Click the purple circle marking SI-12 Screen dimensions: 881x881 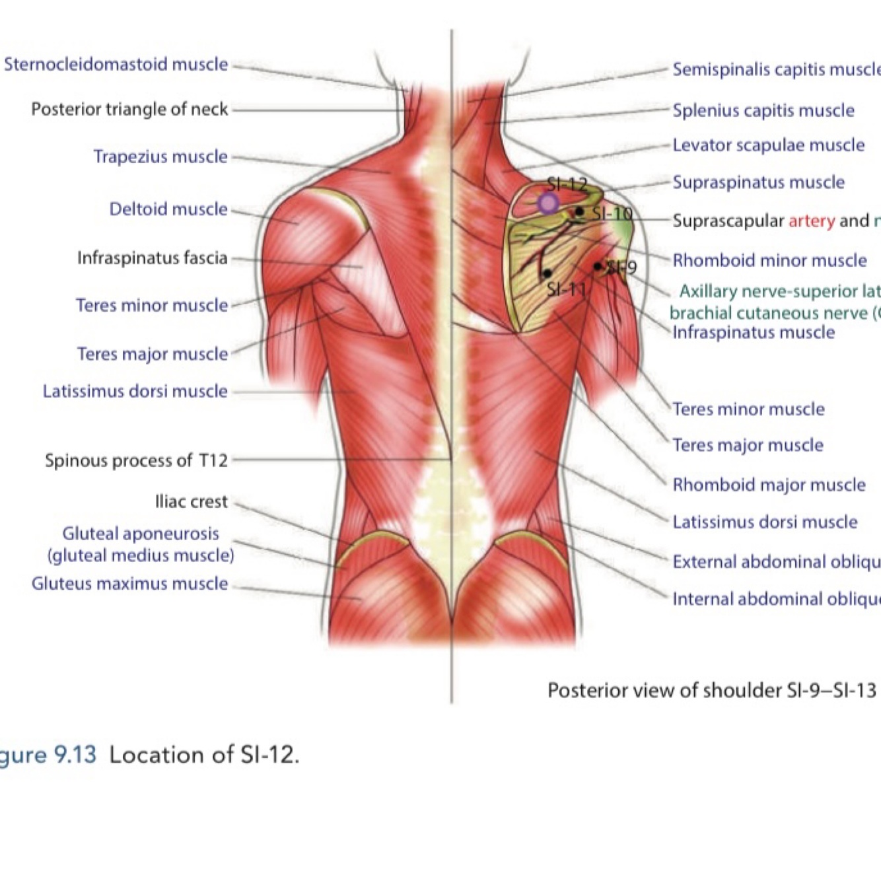point(547,203)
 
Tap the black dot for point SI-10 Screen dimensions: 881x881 point(579,211)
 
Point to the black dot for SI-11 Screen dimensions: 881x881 point(547,273)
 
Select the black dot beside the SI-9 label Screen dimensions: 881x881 point(598,266)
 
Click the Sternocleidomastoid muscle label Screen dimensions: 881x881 point(116,65)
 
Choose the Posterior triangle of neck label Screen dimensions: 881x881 point(129,109)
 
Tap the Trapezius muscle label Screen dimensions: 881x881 point(160,157)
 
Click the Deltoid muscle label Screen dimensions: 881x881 point(168,209)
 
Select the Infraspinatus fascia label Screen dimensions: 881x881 point(153,258)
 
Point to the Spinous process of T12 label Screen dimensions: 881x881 point(137,460)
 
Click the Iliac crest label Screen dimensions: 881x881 point(192,502)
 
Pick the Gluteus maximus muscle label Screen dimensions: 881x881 point(130,584)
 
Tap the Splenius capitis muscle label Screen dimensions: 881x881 point(763,110)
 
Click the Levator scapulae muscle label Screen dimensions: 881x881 point(769,145)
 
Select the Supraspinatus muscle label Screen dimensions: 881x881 point(759,182)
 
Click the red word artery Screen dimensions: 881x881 point(812,221)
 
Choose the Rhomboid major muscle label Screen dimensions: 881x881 point(769,485)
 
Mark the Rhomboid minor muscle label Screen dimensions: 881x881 point(770,260)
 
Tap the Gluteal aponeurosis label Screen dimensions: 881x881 point(141,534)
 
